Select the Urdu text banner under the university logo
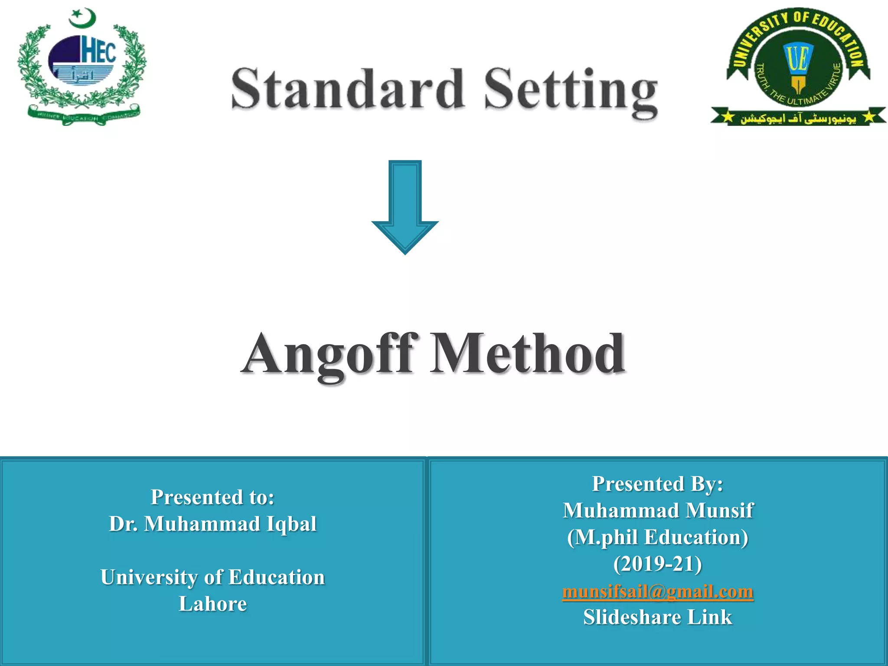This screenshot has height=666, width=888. click(x=798, y=118)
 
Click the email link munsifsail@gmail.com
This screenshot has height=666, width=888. click(x=657, y=591)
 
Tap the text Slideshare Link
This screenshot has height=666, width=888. click(x=657, y=617)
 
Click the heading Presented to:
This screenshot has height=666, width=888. click(x=212, y=497)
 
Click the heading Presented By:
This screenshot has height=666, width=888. click(x=657, y=483)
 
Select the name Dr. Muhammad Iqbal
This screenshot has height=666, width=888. click(x=212, y=524)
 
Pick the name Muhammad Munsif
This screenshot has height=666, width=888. click(x=657, y=510)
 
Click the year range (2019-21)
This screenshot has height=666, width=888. click(x=657, y=564)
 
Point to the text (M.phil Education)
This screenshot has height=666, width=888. click(x=657, y=537)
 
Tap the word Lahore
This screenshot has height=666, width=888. click(x=212, y=604)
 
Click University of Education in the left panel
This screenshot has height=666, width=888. click(x=212, y=577)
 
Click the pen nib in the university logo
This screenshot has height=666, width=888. click(x=798, y=85)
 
